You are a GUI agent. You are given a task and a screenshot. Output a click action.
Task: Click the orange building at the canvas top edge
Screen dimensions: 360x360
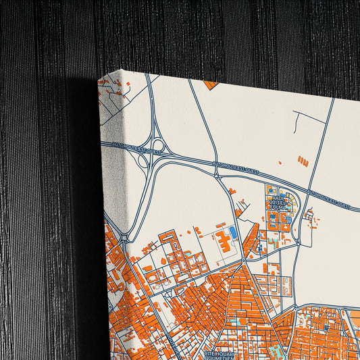tap(210, 85)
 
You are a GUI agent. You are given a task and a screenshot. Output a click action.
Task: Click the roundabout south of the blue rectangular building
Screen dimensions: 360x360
tap(243, 261)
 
